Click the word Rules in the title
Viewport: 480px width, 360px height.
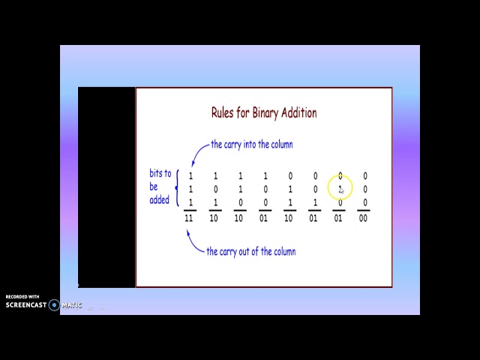coord(223,112)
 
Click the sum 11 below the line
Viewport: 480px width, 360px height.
coord(190,218)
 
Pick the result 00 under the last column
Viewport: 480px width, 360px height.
coord(364,218)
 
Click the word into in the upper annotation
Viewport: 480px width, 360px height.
coord(263,145)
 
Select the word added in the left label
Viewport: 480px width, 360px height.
coord(160,200)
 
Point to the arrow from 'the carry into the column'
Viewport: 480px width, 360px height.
coord(196,154)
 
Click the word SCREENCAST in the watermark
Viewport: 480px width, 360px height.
coord(26,305)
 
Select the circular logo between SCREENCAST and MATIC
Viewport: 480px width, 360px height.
coord(54,305)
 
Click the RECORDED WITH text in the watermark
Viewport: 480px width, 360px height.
coord(22,297)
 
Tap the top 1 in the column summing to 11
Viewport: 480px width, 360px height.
coord(190,176)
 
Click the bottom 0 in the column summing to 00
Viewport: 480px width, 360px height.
coord(365,202)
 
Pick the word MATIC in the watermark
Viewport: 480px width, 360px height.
coord(72,305)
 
